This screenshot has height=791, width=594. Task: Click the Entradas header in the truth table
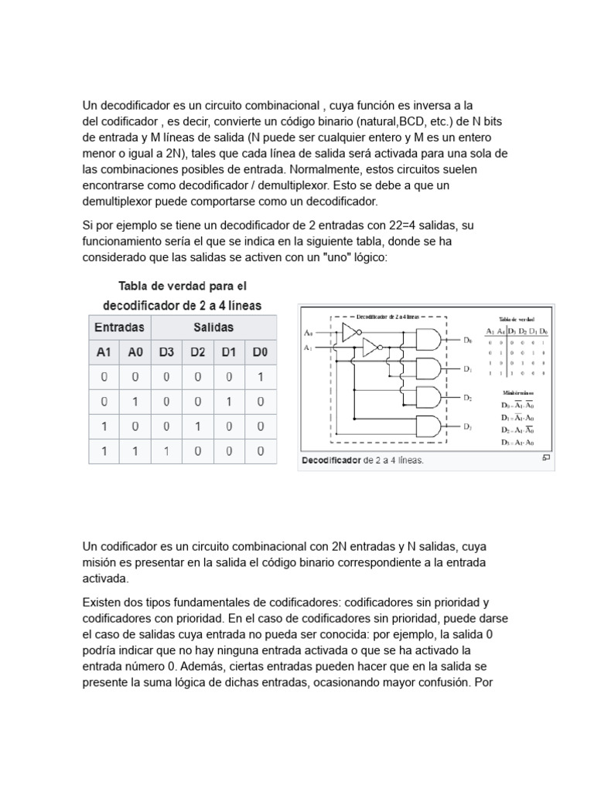point(119,328)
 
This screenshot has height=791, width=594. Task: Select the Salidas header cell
point(213,328)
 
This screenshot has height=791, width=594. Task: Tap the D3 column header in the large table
point(166,352)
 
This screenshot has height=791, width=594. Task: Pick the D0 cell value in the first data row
point(260,377)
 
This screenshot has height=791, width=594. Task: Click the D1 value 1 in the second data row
point(229,402)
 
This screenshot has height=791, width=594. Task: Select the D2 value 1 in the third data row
point(198,426)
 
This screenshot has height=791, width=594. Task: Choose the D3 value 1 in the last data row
point(166,451)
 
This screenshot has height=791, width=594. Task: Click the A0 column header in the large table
point(135,352)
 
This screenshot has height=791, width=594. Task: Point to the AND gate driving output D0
point(428,339)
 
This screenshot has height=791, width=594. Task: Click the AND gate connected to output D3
point(428,426)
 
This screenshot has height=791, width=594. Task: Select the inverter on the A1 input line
point(370,348)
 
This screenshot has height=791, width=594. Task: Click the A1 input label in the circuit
point(309,348)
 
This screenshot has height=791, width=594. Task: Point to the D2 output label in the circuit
point(467,398)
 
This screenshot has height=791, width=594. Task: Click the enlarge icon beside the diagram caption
point(546,458)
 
